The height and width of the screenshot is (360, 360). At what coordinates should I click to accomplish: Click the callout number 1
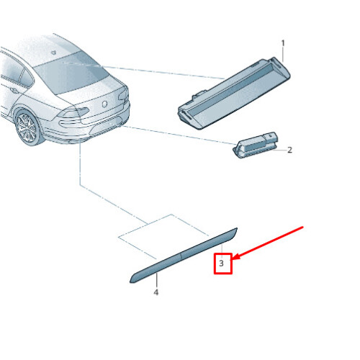283,43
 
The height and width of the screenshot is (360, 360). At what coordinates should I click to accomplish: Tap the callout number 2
289,150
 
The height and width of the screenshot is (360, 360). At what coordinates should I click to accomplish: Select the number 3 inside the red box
221,264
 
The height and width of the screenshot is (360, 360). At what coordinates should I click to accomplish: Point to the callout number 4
156,292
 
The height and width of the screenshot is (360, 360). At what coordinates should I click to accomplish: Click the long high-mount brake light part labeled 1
234,94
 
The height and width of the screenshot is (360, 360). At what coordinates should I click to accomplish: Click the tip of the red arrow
233,259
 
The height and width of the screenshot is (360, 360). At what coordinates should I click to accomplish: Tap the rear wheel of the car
28,127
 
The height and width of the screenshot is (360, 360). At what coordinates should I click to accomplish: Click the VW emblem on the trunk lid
104,104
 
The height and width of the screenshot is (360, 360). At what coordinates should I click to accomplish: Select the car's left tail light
73,112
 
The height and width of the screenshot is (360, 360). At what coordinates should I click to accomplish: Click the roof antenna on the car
55,52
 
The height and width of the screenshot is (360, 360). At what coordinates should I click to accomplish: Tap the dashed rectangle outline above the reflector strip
163,236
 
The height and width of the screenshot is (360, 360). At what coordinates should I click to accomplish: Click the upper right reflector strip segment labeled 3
210,242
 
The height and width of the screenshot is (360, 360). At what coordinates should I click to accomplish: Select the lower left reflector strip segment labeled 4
156,267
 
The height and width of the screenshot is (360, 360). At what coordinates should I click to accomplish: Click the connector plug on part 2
271,138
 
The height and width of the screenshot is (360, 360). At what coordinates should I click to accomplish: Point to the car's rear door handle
14,91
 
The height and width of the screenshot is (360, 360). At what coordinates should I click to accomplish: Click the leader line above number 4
156,281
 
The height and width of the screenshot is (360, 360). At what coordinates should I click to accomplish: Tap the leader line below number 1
283,55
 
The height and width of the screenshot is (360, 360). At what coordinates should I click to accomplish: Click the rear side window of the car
27,77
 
